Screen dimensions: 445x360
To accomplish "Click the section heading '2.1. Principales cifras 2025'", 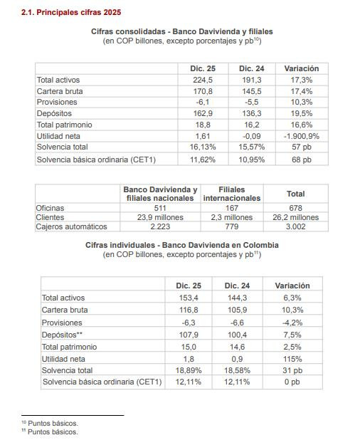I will click(x=71, y=13).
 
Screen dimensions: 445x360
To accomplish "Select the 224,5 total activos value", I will click(x=203, y=80).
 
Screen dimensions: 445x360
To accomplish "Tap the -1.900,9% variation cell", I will click(x=301, y=135).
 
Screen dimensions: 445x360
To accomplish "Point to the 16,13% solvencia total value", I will click(x=203, y=146).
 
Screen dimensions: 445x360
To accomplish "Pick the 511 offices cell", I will click(x=160, y=207).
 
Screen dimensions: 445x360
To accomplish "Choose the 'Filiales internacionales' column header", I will click(x=233, y=194).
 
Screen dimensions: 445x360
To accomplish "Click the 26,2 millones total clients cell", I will click(x=295, y=217).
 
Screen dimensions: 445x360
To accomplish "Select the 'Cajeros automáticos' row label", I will click(x=71, y=227).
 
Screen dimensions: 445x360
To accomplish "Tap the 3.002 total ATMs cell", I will click(x=295, y=227).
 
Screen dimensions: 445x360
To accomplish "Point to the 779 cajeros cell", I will click(x=233, y=227).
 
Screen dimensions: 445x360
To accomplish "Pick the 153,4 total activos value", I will click(x=188, y=298).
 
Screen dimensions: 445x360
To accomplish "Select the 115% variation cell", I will click(x=292, y=359).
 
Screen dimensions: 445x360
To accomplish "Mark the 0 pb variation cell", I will click(x=292, y=382).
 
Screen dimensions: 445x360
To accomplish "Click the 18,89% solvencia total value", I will click(x=188, y=371).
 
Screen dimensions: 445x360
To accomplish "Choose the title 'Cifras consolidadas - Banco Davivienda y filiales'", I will click(x=181, y=32).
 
